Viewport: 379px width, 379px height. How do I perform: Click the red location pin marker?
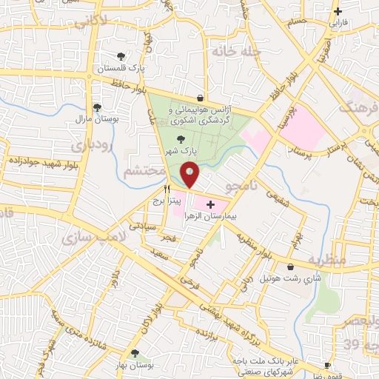(189, 175)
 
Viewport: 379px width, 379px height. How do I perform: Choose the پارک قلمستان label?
(121, 68)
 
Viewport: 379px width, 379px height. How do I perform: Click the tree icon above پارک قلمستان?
(121, 56)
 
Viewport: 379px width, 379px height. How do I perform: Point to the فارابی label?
(338, 22)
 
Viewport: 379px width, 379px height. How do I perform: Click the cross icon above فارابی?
(338, 11)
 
